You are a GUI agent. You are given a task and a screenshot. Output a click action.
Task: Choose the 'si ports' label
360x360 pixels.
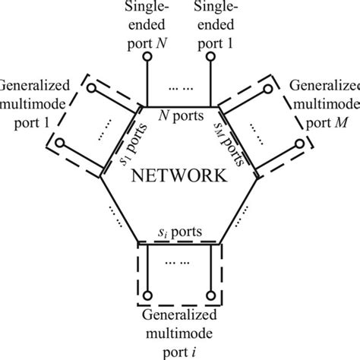pos(179,230)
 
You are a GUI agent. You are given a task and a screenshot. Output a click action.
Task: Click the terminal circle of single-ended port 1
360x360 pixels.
pos(213,72)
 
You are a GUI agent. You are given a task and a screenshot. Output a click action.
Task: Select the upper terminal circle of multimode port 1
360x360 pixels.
pos(91,88)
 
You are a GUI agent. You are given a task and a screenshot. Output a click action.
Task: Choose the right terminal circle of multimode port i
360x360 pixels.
pos(212,295)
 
